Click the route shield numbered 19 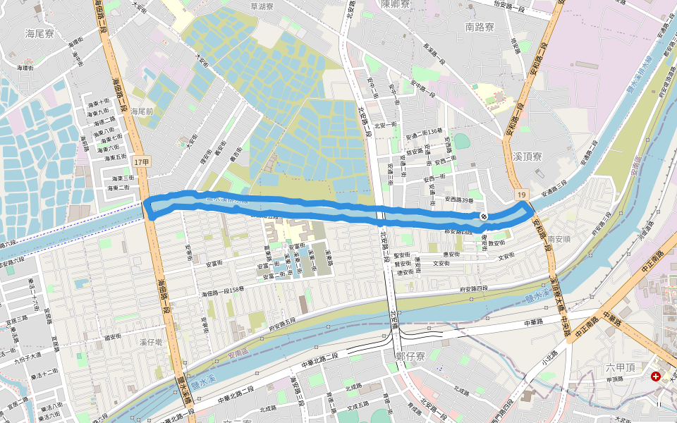tap(521, 194)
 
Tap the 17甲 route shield tap(142, 162)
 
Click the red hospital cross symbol tap(656, 377)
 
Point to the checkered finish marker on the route tap(484, 216)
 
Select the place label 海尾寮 tap(39, 33)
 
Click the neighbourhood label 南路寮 tap(480, 27)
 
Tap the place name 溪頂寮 tap(527, 156)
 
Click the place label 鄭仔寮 tap(410, 357)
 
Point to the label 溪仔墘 tap(151, 342)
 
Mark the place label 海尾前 tap(142, 111)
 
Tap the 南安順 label tap(559, 240)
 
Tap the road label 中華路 tap(535, 322)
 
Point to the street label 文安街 tap(441, 264)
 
